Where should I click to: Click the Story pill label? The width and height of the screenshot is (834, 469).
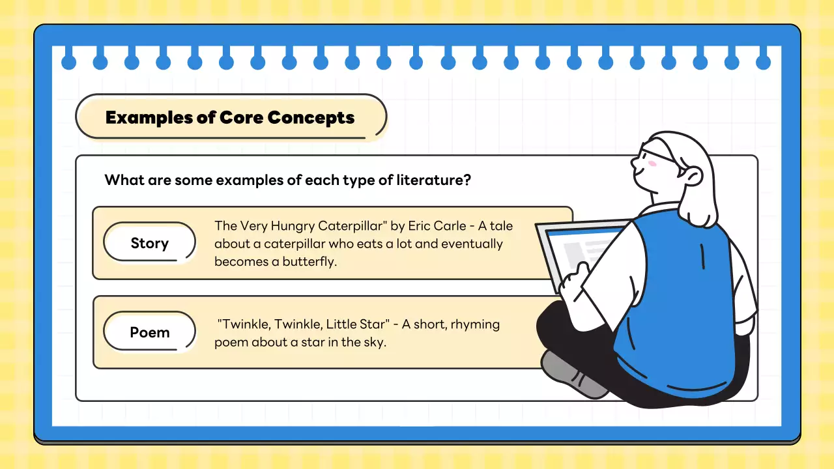coord(149,243)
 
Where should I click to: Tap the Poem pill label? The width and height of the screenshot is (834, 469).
coord(149,332)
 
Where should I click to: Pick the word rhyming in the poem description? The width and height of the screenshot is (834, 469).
coord(476,324)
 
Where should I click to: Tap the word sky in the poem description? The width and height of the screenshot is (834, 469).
coord(371,342)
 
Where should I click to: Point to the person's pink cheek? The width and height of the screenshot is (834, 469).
coord(652,163)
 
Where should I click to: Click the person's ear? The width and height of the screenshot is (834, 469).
coord(693,175)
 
